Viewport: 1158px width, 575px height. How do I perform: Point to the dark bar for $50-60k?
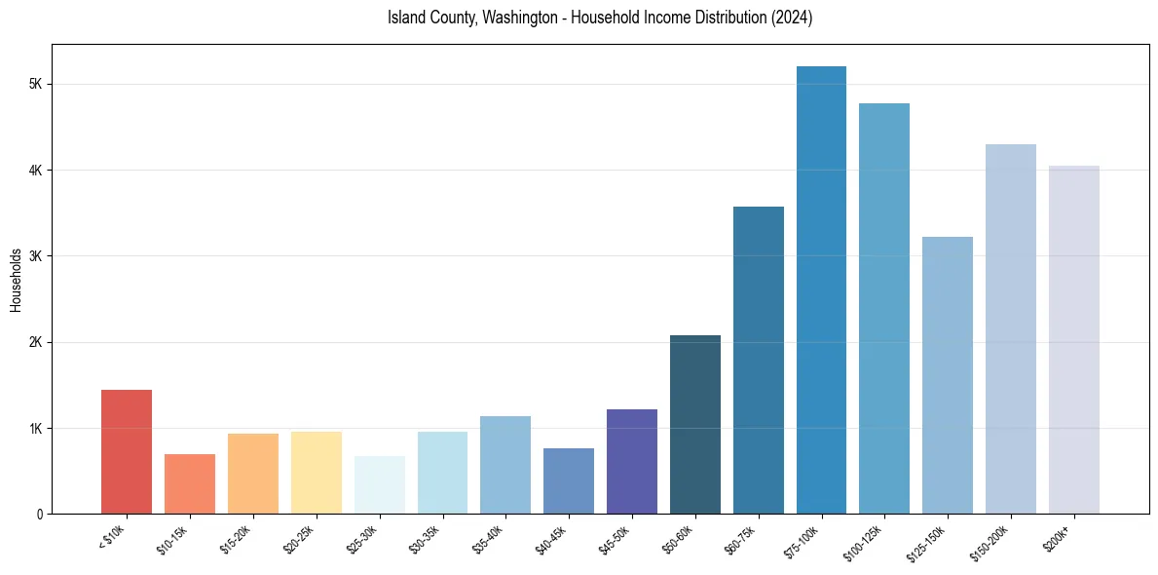695,424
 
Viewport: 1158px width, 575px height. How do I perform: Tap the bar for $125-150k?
948,375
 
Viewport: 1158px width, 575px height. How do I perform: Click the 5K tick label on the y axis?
35,85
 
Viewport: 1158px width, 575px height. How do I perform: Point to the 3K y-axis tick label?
35,256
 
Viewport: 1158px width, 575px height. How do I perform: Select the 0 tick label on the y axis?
39,515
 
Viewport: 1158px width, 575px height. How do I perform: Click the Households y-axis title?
16,280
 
